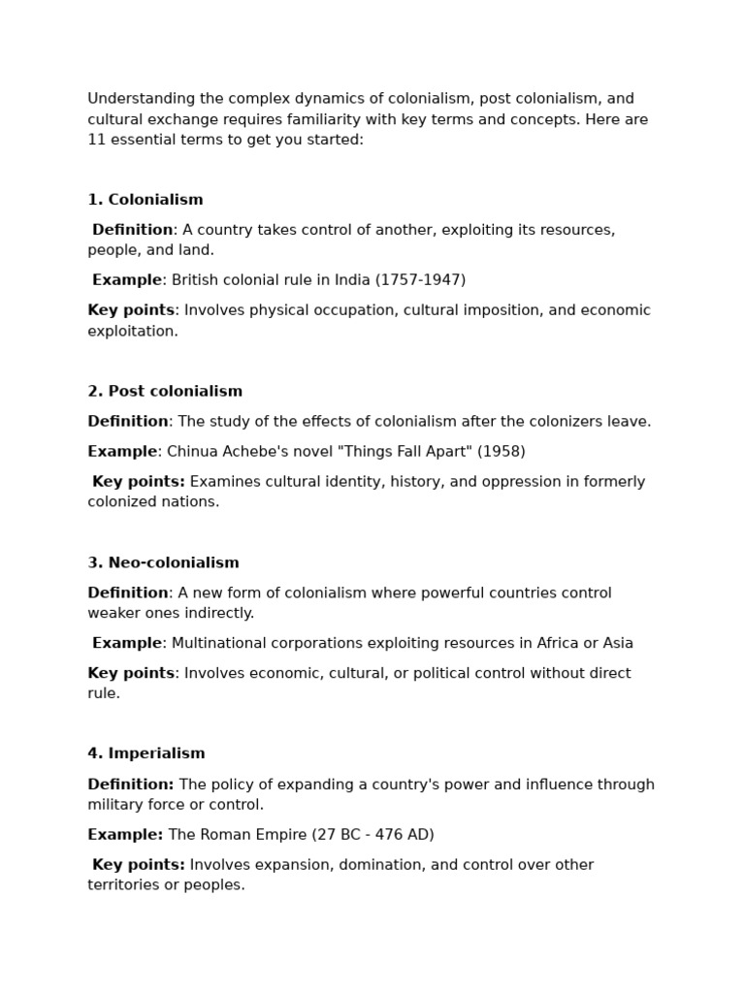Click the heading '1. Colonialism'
click(146, 200)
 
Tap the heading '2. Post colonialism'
click(165, 392)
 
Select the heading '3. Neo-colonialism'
click(163, 563)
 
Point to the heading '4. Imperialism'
click(146, 754)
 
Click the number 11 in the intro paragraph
click(96, 140)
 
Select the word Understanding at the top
click(136, 99)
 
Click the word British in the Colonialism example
click(196, 280)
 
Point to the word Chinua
click(191, 452)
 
